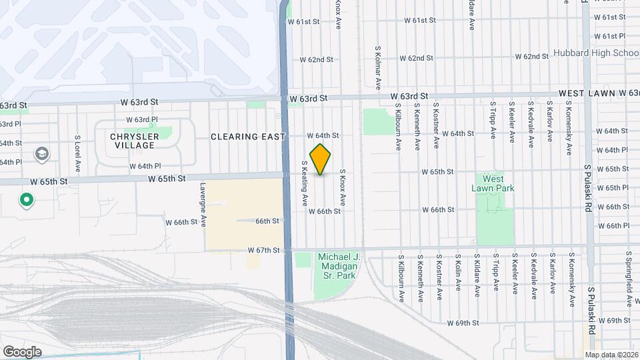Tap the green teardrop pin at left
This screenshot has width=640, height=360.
pyautogui.click(x=27, y=199)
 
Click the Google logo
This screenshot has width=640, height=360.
pyautogui.click(x=21, y=352)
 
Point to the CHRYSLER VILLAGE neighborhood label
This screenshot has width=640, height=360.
pyautogui.click(x=135, y=141)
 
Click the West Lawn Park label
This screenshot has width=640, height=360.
pyautogui.click(x=493, y=183)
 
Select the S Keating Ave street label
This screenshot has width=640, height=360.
pyautogui.click(x=304, y=182)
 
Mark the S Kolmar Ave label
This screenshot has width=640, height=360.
pyautogui.click(x=377, y=67)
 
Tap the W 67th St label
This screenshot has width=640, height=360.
pyautogui.click(x=263, y=251)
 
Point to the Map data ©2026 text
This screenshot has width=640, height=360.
pyautogui.click(x=611, y=355)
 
